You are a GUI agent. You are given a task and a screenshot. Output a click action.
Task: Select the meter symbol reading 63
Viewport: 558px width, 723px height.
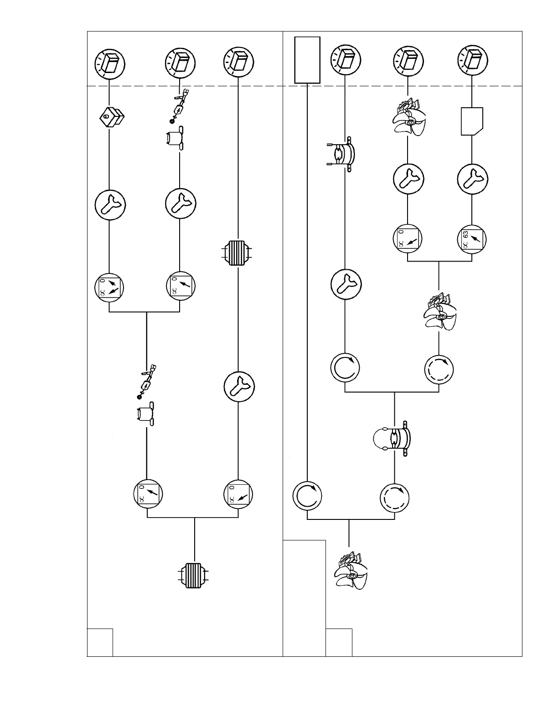[472, 239]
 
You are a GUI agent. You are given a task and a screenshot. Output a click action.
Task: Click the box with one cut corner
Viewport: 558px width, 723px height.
[472, 121]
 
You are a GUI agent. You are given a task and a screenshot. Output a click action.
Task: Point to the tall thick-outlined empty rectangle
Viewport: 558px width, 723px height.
[307, 60]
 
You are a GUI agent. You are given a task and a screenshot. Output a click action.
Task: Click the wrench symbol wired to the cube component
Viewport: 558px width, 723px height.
[109, 204]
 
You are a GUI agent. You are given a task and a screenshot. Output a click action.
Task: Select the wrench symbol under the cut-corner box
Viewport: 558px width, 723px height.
[472, 179]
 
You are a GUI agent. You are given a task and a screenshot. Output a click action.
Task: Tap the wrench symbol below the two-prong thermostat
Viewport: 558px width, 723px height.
[346, 284]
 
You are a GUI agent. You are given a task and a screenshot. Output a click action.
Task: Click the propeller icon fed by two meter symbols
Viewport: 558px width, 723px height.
[439, 313]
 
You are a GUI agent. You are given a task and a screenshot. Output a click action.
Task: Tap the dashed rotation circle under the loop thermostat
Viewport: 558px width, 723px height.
[395, 497]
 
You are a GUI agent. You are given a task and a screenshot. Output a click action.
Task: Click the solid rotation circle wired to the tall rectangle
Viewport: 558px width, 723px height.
[307, 496]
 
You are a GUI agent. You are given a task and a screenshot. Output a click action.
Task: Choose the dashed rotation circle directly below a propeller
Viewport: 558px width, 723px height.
[439, 368]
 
